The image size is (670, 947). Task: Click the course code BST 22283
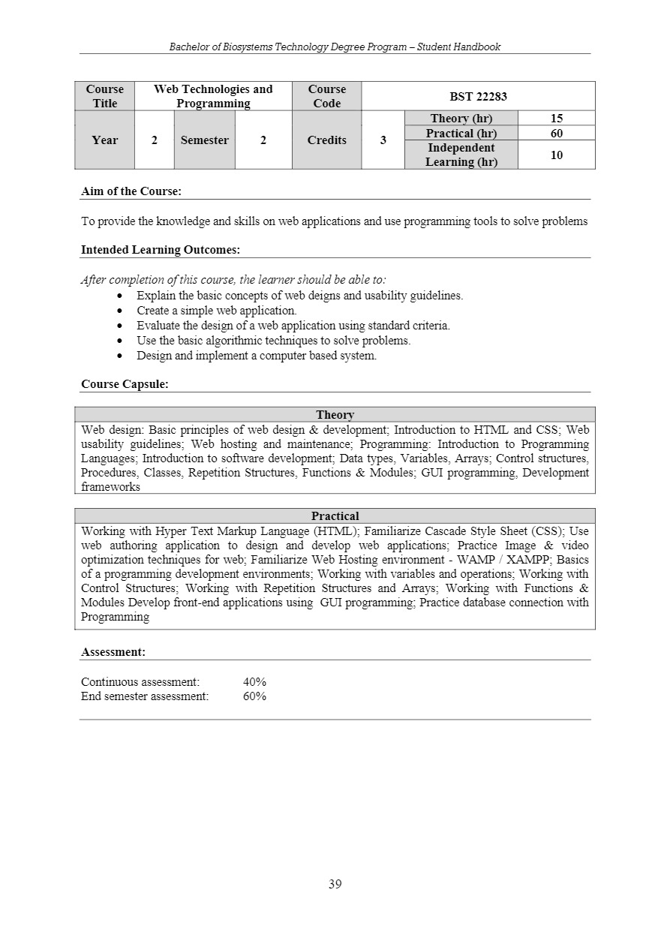point(478,96)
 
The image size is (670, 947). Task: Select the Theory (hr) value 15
point(556,119)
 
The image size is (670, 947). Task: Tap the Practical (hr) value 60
point(556,134)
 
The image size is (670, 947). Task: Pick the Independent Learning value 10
point(556,155)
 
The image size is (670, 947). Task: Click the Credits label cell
point(326,140)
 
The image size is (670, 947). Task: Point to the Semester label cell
point(204,140)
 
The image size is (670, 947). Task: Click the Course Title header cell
point(104,96)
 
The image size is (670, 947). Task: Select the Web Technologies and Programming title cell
point(213,96)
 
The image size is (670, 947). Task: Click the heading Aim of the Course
point(131,191)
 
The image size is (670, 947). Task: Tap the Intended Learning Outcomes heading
point(161,250)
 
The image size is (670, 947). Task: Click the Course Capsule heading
point(125,384)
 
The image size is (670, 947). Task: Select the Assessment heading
point(113,652)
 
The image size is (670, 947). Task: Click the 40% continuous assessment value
point(254,682)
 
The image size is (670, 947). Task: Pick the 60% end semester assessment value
point(254,696)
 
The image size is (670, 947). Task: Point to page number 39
point(335,884)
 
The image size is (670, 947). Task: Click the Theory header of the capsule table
point(335,415)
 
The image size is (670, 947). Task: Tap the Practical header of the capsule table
point(335,516)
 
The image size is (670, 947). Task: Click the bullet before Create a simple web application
point(121,311)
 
